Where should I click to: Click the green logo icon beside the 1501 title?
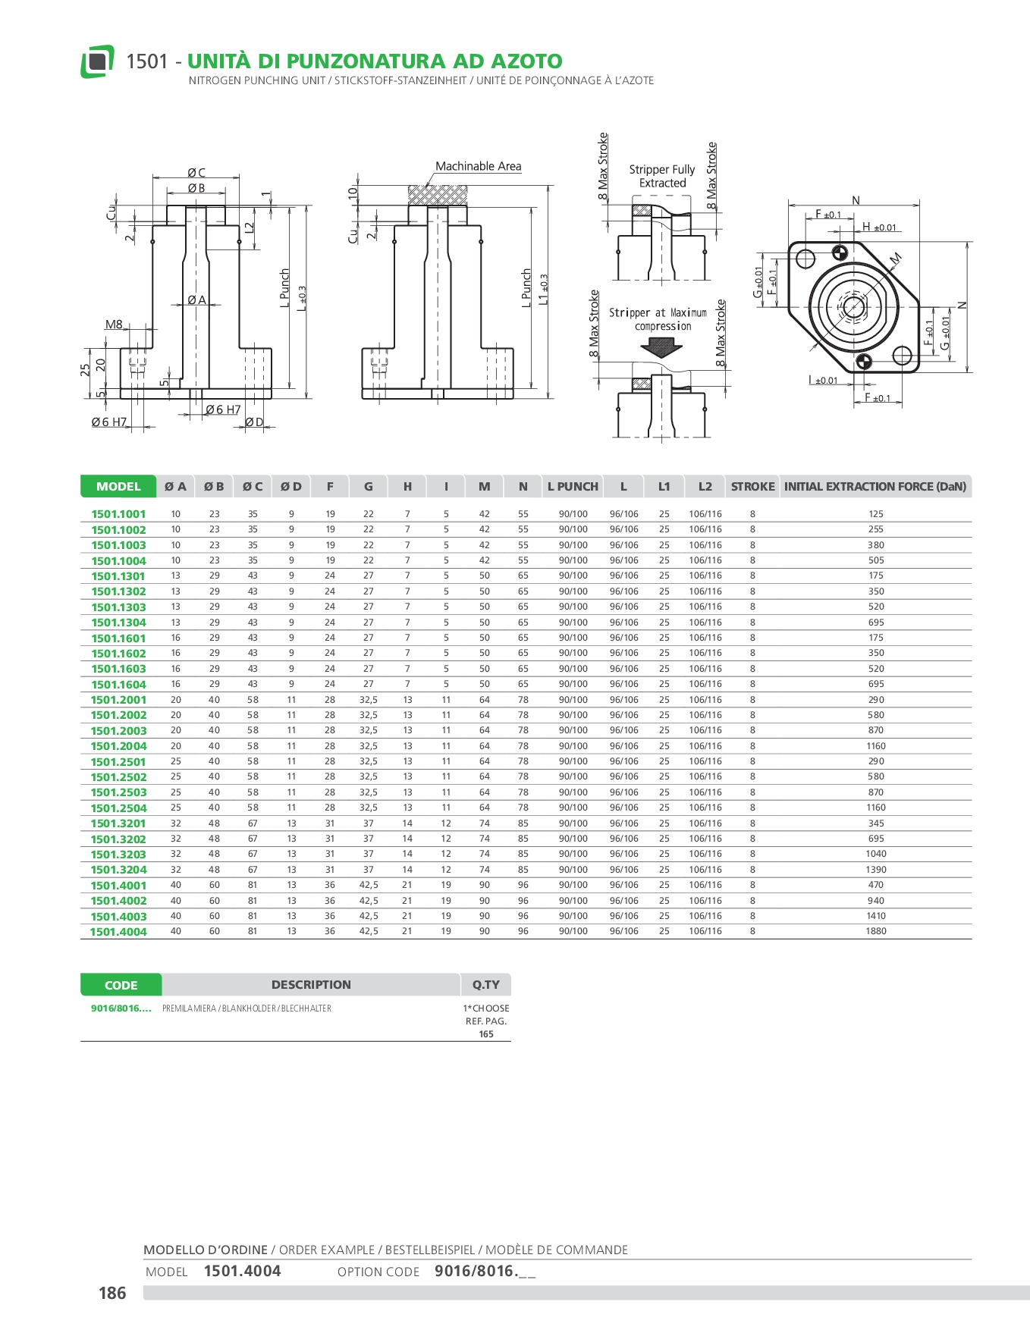pyautogui.click(x=97, y=61)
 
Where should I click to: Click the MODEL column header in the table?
pyautogui.click(x=118, y=487)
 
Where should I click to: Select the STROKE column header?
pyautogui.click(x=752, y=487)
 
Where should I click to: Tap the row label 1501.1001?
pyautogui.click(x=118, y=514)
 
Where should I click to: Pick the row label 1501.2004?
pyautogui.click(x=118, y=746)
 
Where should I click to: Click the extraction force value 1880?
pyautogui.click(x=875, y=931)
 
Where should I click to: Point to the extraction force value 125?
pyautogui.click(x=875, y=514)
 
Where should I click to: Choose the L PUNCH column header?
pyautogui.click(x=573, y=487)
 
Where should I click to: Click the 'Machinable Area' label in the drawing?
pyautogui.click(x=478, y=167)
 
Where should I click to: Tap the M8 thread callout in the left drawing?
pyautogui.click(x=114, y=325)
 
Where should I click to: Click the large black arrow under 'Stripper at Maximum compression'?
pyautogui.click(x=661, y=347)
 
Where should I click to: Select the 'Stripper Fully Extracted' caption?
pyautogui.click(x=661, y=176)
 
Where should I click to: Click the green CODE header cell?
pyautogui.click(x=121, y=985)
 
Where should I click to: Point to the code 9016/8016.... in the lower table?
pyautogui.click(x=121, y=1008)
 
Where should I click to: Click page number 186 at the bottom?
pyautogui.click(x=112, y=1293)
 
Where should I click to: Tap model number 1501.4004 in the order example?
pyautogui.click(x=242, y=1272)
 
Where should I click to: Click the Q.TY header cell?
pyautogui.click(x=485, y=985)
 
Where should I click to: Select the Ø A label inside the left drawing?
pyautogui.click(x=196, y=300)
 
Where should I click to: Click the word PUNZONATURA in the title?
pyautogui.click(x=353, y=61)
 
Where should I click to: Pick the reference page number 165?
pyautogui.click(x=486, y=1034)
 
